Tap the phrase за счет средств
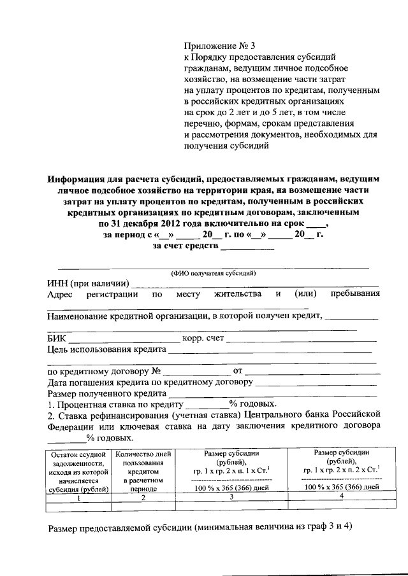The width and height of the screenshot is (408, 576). point(186,246)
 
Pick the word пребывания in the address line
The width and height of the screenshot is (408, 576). point(355,294)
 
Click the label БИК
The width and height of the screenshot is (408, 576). point(57,337)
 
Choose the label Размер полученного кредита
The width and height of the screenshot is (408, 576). point(106,393)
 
